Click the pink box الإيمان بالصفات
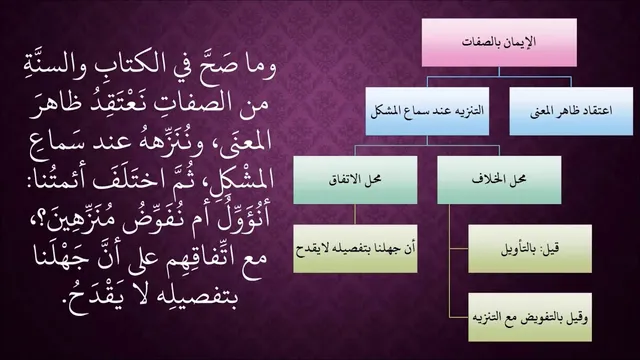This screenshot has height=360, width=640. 499,42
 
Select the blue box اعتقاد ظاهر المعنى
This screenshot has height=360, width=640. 571,111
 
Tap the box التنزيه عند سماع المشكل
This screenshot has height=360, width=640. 427,111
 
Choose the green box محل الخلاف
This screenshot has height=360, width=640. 499,180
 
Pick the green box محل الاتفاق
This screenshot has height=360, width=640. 355,180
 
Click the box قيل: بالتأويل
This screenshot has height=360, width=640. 530,249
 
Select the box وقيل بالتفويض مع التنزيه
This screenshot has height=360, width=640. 530,317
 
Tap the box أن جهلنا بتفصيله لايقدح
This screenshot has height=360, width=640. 355,249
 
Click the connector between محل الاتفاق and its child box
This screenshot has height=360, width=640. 355,214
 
